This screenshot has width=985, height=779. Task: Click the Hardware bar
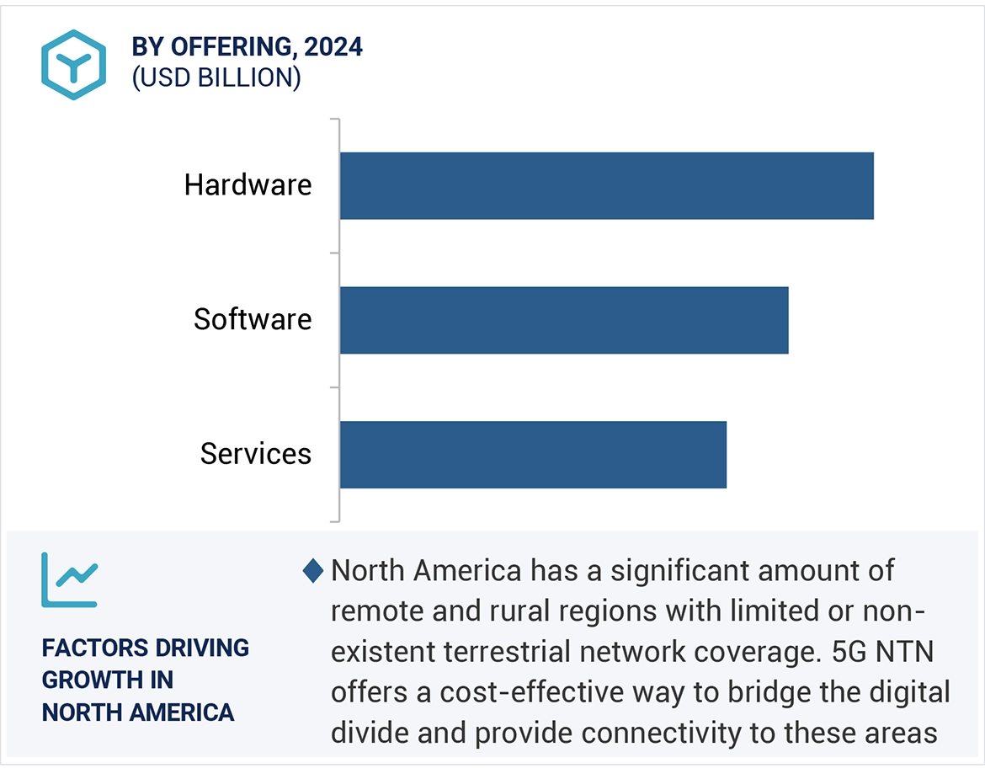[x=606, y=185]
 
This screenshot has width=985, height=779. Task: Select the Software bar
[x=564, y=320]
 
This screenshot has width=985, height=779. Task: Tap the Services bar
[x=533, y=455]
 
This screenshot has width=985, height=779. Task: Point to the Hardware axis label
[x=248, y=185]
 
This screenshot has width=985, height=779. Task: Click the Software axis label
[x=253, y=320]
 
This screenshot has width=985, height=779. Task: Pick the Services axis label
[x=256, y=455]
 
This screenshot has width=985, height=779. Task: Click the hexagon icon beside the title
[x=74, y=65]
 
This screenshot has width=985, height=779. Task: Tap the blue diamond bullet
[x=312, y=571]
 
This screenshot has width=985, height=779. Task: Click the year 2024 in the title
[x=333, y=47]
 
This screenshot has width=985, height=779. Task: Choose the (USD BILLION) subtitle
[x=216, y=77]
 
